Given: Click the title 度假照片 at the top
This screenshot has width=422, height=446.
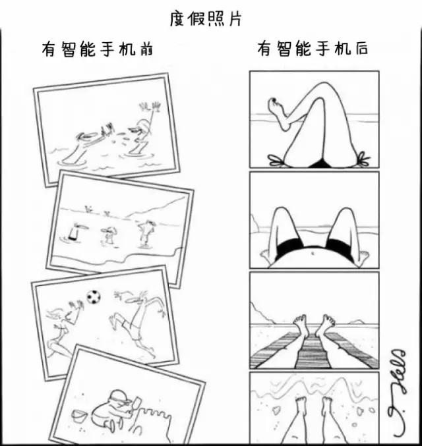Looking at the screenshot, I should tap(206, 18).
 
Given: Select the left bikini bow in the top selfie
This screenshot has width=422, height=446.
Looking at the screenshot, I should tap(277, 159).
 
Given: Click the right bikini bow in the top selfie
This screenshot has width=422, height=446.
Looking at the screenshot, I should tap(362, 158).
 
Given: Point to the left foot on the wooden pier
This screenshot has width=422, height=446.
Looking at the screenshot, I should tap(301, 325).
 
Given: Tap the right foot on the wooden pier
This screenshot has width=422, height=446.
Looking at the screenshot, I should tap(326, 325).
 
